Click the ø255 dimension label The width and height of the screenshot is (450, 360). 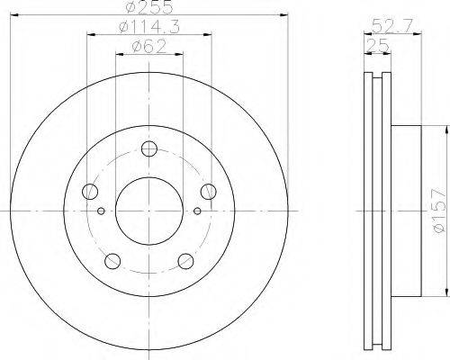148,7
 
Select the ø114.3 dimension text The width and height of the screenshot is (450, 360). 148,28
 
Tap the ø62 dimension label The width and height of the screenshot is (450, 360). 148,47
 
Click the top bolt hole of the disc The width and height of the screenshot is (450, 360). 150,148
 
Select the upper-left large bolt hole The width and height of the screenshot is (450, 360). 89,192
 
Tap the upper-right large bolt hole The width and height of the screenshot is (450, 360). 209,191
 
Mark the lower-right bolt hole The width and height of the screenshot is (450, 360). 185,261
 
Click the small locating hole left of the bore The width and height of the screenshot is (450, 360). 102,211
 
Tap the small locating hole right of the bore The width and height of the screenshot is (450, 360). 196,211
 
